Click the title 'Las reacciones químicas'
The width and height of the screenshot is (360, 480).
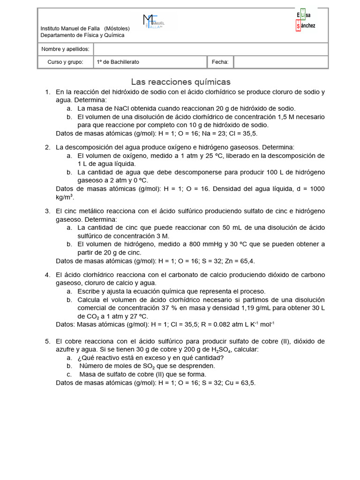tap(180, 82)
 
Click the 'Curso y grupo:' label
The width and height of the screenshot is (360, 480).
tap(65, 62)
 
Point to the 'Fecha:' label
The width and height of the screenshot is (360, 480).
tap(220, 62)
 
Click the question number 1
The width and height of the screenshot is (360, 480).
tap(47, 92)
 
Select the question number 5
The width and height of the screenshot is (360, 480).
tap(47, 341)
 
